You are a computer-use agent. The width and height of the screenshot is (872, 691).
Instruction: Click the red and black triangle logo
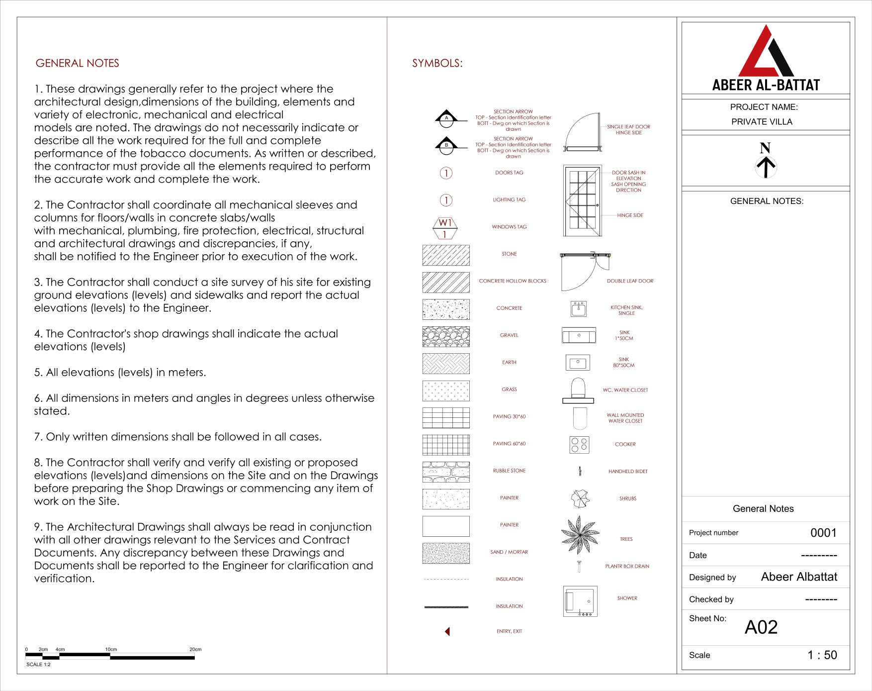766,52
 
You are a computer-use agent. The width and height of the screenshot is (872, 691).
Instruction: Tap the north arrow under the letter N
766,167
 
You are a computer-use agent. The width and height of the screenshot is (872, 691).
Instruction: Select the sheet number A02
761,627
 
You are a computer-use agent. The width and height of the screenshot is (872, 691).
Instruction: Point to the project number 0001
823,533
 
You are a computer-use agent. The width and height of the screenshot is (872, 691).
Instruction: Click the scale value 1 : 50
822,655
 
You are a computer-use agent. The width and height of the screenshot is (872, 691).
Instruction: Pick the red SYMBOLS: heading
437,63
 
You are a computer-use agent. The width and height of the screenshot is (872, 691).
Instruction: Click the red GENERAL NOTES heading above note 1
77,63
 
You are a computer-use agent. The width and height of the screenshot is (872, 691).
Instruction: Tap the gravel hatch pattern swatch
446,337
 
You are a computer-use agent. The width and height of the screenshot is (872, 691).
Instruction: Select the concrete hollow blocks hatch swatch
446,282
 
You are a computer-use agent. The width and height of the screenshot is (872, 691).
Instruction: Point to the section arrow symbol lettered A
446,117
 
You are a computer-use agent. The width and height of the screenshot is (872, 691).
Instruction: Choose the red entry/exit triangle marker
447,631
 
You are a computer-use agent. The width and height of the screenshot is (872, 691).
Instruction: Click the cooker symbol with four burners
579,445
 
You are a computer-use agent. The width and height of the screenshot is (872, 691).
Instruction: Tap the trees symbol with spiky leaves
580,535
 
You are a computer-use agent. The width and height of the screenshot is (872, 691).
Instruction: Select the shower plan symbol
580,601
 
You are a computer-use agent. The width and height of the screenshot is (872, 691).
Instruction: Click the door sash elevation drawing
582,201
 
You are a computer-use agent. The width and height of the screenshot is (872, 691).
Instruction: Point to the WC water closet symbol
578,391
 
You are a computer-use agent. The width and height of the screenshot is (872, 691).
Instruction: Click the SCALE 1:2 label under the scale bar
38,665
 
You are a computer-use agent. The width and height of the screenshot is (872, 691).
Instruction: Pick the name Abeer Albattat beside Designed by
799,577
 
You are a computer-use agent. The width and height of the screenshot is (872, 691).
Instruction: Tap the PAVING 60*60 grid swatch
446,445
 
